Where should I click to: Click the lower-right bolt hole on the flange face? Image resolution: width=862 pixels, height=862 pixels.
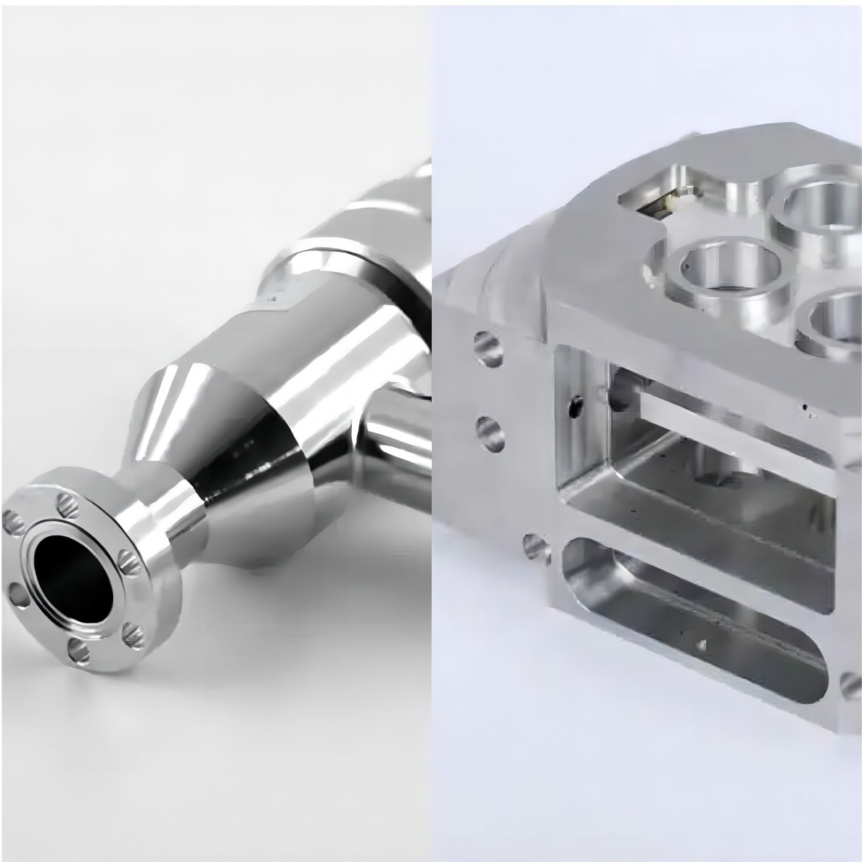(133, 637)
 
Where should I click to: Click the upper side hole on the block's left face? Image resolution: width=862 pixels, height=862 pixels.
(488, 349)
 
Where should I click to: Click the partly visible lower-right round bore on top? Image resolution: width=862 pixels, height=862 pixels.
(834, 316)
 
